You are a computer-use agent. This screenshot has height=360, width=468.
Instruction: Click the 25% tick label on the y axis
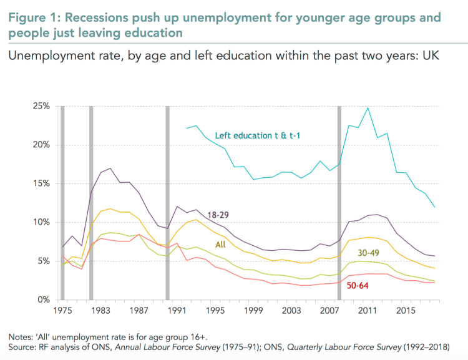click(41, 106)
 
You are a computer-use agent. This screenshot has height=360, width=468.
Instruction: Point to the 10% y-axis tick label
click(41, 222)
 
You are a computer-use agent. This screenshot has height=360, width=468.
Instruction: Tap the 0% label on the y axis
click(43, 299)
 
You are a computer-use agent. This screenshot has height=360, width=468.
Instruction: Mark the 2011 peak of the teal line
click(368, 108)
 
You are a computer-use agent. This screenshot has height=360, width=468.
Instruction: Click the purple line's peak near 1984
click(110, 168)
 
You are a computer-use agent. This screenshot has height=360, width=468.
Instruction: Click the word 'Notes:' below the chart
click(21, 337)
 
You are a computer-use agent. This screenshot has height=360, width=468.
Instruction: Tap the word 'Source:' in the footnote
click(23, 347)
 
